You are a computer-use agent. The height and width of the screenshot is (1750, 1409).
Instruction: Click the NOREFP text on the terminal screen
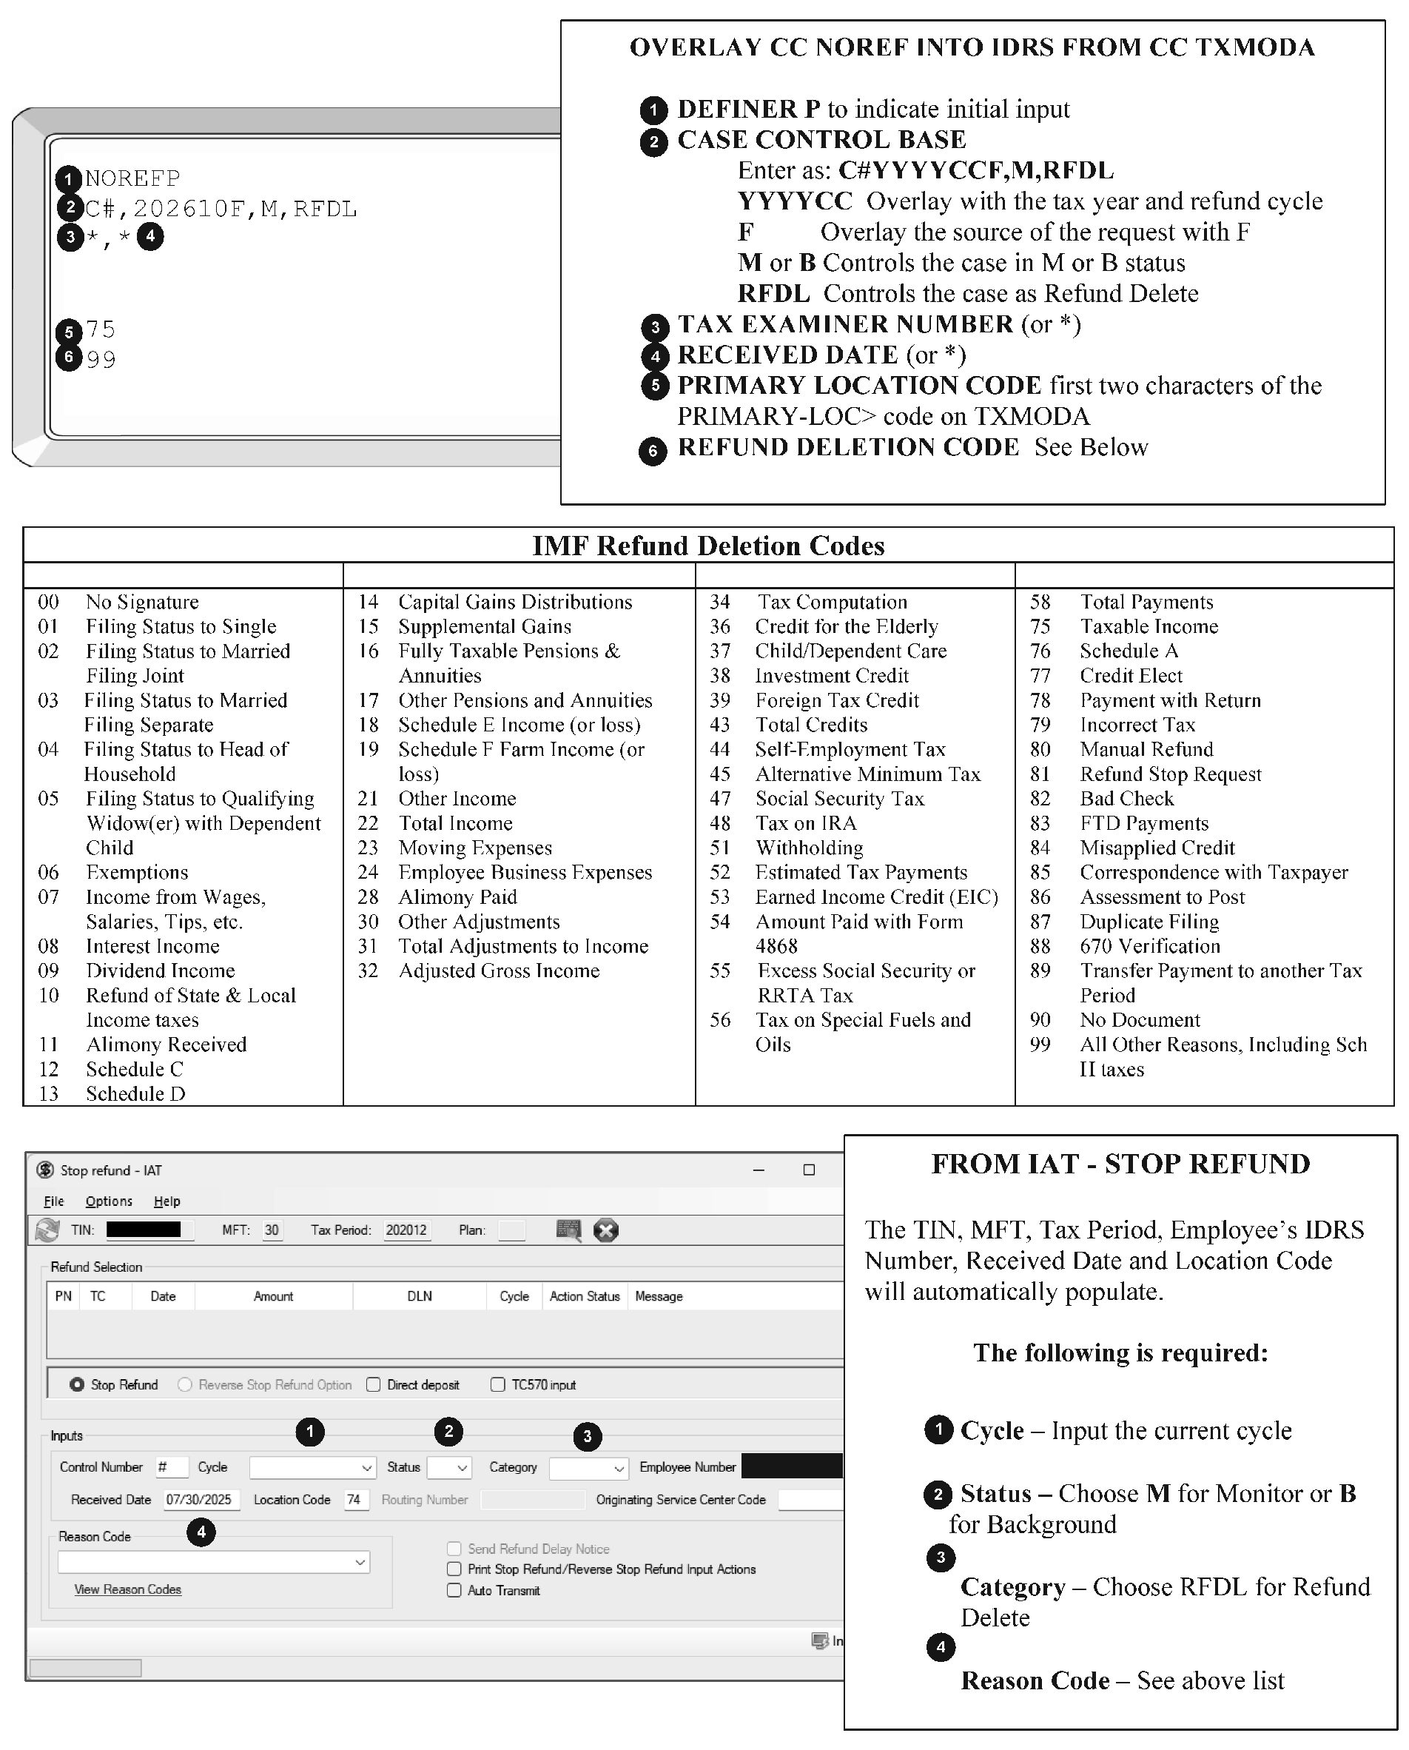click(132, 178)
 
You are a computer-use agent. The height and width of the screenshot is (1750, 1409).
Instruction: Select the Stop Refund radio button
click(77, 1385)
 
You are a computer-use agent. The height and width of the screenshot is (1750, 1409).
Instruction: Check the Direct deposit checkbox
click(374, 1385)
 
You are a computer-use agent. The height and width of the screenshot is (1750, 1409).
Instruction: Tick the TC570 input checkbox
click(497, 1385)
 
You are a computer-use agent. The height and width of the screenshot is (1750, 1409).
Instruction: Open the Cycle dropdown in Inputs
click(312, 1467)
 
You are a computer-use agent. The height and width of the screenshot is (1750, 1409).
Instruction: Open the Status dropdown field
click(449, 1467)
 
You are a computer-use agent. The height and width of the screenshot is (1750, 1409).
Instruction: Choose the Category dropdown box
click(588, 1467)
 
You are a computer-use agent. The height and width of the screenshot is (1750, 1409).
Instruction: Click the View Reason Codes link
click(127, 1589)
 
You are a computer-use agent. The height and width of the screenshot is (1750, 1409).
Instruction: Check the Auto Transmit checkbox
click(454, 1591)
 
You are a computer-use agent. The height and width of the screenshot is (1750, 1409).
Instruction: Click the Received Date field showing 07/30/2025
click(199, 1500)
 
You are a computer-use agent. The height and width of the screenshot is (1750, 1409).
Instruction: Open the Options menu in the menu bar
click(109, 1201)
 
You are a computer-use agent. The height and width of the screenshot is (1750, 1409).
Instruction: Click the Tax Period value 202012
click(406, 1230)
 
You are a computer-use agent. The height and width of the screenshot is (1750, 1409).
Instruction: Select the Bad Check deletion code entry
click(1126, 799)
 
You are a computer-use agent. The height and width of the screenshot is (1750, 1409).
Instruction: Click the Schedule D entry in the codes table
click(135, 1093)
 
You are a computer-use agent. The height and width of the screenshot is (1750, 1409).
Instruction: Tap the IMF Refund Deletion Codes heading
click(707, 546)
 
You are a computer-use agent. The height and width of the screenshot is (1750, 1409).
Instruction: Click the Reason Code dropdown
click(213, 1563)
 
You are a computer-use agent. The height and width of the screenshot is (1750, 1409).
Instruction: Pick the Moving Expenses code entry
click(475, 848)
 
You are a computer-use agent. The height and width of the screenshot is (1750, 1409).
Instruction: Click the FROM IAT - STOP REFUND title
click(1120, 1164)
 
